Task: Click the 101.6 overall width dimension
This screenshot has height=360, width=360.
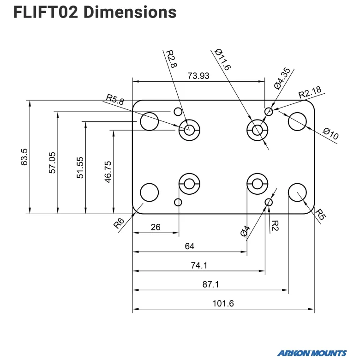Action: (x=223, y=304)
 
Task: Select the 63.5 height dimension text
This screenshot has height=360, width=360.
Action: (x=24, y=157)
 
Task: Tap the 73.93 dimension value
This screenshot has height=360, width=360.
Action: (x=198, y=76)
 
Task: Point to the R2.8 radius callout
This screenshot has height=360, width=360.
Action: (x=171, y=59)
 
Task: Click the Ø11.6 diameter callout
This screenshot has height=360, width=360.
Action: (x=222, y=59)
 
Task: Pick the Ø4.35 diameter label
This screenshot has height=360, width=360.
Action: (x=282, y=78)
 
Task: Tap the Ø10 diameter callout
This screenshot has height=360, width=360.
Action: (x=330, y=134)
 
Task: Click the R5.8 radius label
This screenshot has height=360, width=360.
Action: (x=115, y=99)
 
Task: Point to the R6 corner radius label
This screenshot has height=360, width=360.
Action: (x=119, y=223)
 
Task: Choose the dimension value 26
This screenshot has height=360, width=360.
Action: (x=156, y=227)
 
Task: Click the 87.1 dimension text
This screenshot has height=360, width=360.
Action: (x=210, y=284)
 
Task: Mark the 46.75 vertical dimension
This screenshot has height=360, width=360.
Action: (x=108, y=172)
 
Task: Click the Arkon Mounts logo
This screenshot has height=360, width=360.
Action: (x=312, y=353)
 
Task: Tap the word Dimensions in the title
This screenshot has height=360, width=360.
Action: (x=130, y=12)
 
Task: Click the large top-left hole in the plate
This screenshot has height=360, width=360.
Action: (x=149, y=121)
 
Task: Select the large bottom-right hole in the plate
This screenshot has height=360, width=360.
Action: (x=297, y=192)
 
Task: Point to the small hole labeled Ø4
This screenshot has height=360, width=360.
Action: (x=269, y=203)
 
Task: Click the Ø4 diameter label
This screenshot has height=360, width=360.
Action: (x=245, y=231)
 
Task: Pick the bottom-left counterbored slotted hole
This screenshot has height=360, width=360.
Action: (x=189, y=184)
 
